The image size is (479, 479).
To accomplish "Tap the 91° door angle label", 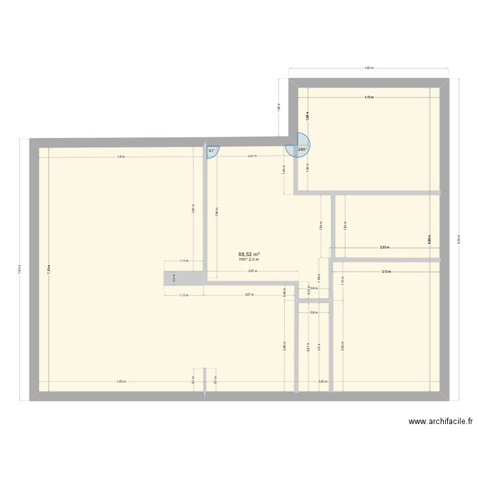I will click(x=211, y=151).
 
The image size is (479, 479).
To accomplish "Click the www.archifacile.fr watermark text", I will click(x=441, y=422).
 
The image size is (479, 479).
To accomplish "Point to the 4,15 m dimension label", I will click(x=369, y=98).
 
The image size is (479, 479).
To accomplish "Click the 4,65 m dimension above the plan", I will click(x=369, y=68).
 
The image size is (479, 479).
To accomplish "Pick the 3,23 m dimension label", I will click(x=384, y=247).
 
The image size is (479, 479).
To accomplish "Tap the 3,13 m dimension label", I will click(x=386, y=272).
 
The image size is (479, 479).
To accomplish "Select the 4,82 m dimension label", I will click(x=121, y=381).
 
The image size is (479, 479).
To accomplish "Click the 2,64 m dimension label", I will click(x=252, y=156).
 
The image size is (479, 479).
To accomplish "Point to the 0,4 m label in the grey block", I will click(x=174, y=278).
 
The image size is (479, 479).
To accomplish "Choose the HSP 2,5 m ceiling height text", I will click(x=248, y=259).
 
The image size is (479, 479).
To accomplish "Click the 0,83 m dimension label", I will click(x=323, y=381).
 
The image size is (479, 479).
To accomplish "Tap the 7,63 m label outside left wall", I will click(x=19, y=270).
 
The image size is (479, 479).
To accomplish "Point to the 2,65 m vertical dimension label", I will click(x=342, y=346).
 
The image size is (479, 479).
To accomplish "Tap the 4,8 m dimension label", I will click(x=121, y=156).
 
